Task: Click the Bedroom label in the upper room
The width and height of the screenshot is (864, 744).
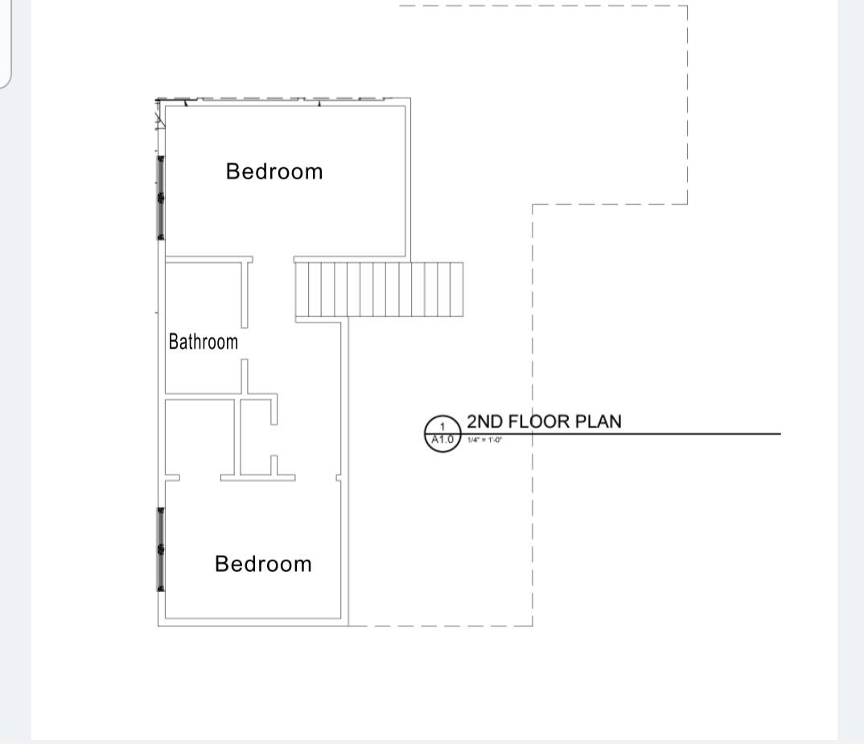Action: [x=274, y=171]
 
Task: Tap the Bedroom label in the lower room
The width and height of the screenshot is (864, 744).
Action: [x=263, y=564]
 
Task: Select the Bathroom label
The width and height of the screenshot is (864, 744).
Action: [x=204, y=342]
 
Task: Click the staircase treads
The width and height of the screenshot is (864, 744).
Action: [x=379, y=290]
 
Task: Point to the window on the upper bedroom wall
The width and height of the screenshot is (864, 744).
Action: [x=161, y=197]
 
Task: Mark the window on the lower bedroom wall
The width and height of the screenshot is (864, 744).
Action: [x=161, y=549]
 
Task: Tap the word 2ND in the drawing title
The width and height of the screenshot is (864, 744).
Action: [x=484, y=421]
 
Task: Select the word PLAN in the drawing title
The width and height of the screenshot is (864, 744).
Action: [x=599, y=421]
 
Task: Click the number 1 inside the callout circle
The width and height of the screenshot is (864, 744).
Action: [x=442, y=426]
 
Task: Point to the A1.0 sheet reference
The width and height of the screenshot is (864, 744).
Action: [x=442, y=439]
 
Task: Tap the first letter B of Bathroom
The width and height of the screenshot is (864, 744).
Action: [x=173, y=342]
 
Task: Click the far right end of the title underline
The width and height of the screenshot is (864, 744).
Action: [x=780, y=434]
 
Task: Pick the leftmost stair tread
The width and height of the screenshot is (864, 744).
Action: [x=302, y=290]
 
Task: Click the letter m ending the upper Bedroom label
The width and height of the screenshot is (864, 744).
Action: [x=315, y=172]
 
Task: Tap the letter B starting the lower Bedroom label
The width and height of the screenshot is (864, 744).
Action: [x=221, y=564]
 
